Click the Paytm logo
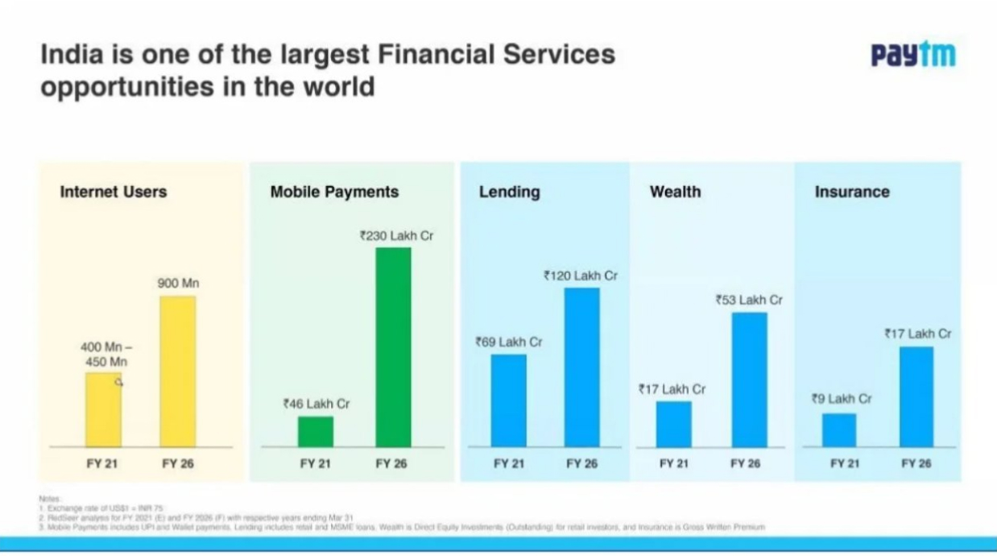pyautogui.click(x=913, y=55)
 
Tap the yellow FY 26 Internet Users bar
pyautogui.click(x=177, y=371)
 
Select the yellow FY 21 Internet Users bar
pyautogui.click(x=104, y=409)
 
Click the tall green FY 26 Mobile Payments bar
pyautogui.click(x=393, y=346)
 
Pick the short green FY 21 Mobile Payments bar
pyautogui.click(x=315, y=431)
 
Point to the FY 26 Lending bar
pyautogui.click(x=581, y=367)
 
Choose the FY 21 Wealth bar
pyautogui.click(x=673, y=424)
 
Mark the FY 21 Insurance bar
pyautogui.click(x=839, y=430)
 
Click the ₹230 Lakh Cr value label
pyautogui.click(x=396, y=236)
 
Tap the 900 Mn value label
pyautogui.click(x=178, y=284)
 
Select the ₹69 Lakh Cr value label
pyautogui.click(x=509, y=342)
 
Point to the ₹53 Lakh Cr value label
pyautogui.click(x=749, y=300)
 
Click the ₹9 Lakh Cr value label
pyautogui.click(x=842, y=399)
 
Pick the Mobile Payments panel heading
pyautogui.click(x=334, y=192)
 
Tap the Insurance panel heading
pyautogui.click(x=852, y=192)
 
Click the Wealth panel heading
pyautogui.click(x=675, y=192)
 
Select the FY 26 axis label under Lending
pyautogui.click(x=581, y=464)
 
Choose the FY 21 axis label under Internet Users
pyautogui.click(x=102, y=464)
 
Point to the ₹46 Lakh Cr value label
pyautogui.click(x=316, y=404)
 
